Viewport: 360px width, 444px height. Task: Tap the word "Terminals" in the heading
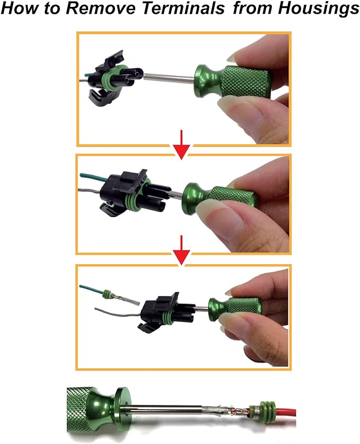183,8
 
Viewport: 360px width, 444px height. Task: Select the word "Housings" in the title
318,9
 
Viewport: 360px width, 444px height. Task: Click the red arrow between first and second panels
181,144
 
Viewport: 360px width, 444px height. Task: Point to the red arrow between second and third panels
181,250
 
